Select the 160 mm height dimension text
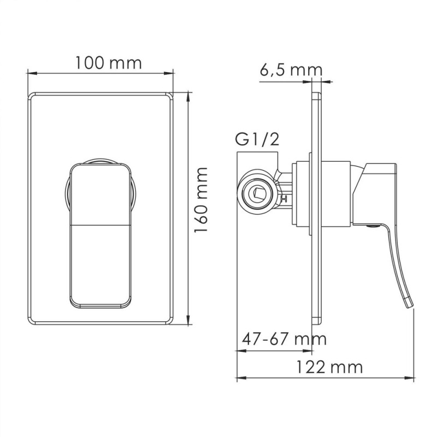tap(202, 208)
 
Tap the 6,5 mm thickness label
tap(291, 70)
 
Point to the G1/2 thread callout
tap(258, 140)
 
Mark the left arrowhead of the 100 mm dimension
tap(31, 71)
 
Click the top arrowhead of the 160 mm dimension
tap(188, 96)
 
